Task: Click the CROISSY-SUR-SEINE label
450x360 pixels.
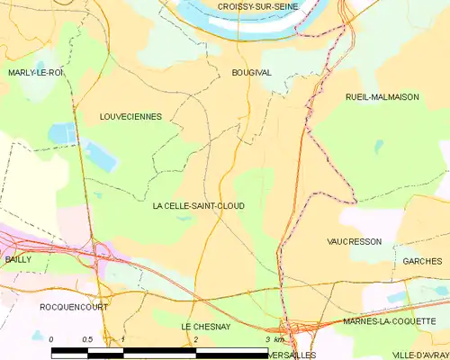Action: (x=257, y=7)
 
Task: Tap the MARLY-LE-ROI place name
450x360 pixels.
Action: (x=35, y=72)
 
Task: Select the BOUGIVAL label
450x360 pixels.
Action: (x=251, y=72)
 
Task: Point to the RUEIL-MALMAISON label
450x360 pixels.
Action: (x=382, y=97)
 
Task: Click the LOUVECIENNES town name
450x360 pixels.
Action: (x=137, y=117)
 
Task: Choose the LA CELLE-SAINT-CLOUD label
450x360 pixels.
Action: (x=198, y=206)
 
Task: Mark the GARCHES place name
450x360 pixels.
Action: (x=422, y=261)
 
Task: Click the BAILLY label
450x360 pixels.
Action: (x=17, y=259)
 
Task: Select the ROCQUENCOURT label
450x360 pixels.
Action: (x=74, y=307)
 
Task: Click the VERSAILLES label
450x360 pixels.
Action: (x=293, y=355)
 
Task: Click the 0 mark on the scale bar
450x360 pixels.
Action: (x=51, y=339)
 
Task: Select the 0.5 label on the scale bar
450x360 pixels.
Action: (x=87, y=339)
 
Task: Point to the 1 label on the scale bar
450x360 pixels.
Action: (x=123, y=339)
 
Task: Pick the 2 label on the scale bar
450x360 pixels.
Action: (x=195, y=339)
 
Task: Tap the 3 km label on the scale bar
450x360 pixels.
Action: (x=274, y=339)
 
